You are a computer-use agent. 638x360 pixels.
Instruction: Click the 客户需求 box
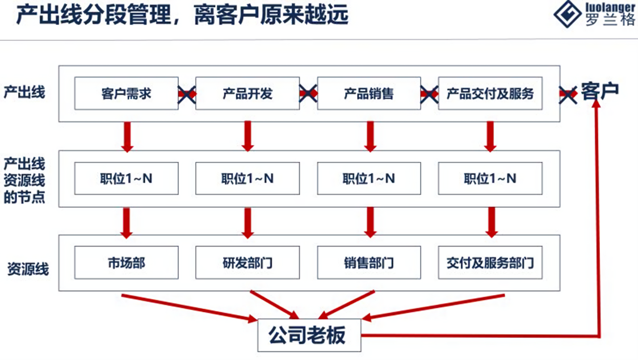pyautogui.click(x=126, y=93)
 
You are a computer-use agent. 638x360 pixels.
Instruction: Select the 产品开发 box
pyautogui.click(x=247, y=93)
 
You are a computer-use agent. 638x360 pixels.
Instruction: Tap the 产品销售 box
pyautogui.click(x=369, y=93)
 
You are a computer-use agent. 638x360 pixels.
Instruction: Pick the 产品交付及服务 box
pyautogui.click(x=490, y=93)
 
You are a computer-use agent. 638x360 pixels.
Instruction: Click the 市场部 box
pyautogui.click(x=126, y=262)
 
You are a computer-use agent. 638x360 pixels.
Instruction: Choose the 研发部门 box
pyautogui.click(x=247, y=262)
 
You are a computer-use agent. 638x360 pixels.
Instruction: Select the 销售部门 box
pyautogui.click(x=369, y=262)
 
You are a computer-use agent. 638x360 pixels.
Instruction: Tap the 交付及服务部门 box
pyautogui.click(x=490, y=262)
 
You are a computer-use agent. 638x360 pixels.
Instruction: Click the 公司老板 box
pyautogui.click(x=310, y=335)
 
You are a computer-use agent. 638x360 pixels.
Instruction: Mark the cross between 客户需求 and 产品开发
pyautogui.click(x=187, y=94)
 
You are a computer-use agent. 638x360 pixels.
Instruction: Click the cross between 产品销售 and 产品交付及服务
pyautogui.click(x=429, y=94)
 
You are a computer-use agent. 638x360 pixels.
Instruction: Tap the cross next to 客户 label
pyautogui.click(x=568, y=94)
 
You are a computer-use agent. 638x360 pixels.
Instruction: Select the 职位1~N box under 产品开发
pyautogui.click(x=247, y=178)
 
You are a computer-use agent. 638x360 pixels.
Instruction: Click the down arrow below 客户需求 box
pyautogui.click(x=127, y=136)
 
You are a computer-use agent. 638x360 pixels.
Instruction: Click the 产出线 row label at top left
pyautogui.click(x=24, y=92)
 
